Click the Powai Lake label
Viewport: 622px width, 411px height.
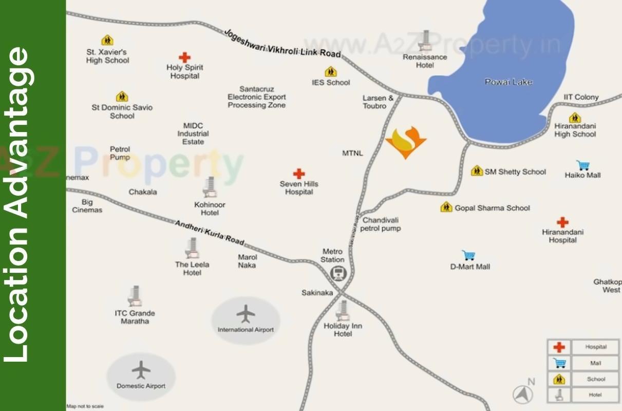pos(508,82)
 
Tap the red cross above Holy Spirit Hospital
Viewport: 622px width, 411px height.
pos(184,58)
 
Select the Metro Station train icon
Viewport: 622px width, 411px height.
pos(337,274)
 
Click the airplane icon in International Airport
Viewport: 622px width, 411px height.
pos(246,313)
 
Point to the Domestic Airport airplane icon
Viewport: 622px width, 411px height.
pos(141,369)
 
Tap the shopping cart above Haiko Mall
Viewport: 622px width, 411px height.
pos(582,165)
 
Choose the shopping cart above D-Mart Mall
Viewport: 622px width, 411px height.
pos(468,255)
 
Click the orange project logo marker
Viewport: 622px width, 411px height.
pos(406,143)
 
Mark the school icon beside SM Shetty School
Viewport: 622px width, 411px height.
pos(477,171)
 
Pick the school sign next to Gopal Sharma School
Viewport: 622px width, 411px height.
pos(446,207)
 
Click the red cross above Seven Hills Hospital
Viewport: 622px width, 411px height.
pos(299,174)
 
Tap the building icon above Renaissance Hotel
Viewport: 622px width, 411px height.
pos(425,41)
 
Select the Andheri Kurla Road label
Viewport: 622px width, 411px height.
pos(210,232)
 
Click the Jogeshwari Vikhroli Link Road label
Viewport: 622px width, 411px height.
pos(282,43)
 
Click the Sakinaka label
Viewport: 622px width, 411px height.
pos(317,293)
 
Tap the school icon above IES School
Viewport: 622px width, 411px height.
pos(331,72)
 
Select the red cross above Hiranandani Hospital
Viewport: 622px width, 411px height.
pos(562,222)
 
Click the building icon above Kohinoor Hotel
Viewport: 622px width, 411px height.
pos(210,188)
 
